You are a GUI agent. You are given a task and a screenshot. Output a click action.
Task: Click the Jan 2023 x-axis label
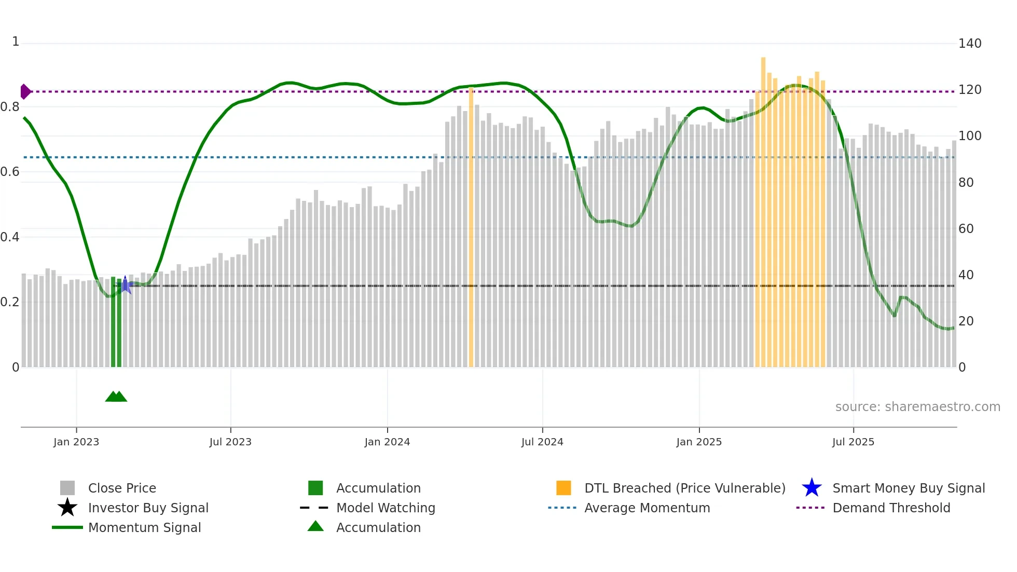tap(76, 442)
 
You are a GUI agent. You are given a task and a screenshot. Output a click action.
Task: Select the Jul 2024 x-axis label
tap(542, 442)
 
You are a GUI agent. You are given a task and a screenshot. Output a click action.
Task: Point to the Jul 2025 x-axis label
tap(853, 442)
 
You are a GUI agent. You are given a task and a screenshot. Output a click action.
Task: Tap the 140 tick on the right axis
tap(969, 44)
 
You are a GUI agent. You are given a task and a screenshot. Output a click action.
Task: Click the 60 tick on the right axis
tap(966, 229)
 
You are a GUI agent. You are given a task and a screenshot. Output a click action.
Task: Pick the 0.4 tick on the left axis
tap(10, 237)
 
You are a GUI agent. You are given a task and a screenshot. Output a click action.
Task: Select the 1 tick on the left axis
tap(16, 42)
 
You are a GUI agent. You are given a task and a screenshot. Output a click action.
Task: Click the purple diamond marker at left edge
tap(25, 91)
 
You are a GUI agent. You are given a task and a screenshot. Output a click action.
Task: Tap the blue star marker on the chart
tap(125, 284)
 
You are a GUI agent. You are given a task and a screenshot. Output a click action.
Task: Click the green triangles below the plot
tap(116, 397)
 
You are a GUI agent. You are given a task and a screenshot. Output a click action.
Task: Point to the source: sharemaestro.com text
tap(917, 407)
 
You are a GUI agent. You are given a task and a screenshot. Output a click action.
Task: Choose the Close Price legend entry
tap(122, 488)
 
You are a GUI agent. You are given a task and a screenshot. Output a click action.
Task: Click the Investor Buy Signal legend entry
tap(148, 508)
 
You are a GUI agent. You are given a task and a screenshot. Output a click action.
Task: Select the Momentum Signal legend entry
tap(144, 527)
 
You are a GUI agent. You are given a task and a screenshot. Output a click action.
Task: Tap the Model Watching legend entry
tap(386, 508)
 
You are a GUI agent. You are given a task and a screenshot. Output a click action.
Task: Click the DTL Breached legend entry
tap(684, 488)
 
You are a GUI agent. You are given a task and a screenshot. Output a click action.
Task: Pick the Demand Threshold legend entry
tap(891, 508)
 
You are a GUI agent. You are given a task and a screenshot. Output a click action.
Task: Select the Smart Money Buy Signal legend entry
tap(908, 488)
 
